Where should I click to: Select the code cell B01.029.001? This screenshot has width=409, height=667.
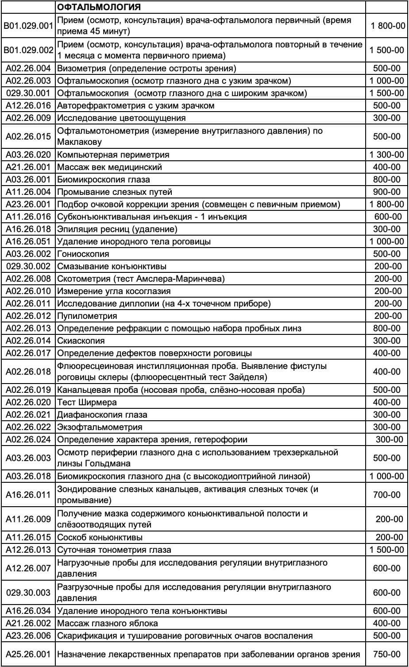[28, 26]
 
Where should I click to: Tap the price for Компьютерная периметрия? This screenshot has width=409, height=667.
[386, 155]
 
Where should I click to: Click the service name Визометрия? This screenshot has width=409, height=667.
[84, 69]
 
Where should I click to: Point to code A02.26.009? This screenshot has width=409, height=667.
[28, 118]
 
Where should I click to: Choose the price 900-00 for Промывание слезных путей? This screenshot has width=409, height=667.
[386, 192]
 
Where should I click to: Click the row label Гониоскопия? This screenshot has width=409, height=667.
[83, 254]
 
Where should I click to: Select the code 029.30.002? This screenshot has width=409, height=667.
[28, 267]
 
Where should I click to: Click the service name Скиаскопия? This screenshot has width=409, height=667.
[81, 341]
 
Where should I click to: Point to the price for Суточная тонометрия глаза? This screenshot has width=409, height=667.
[386, 550]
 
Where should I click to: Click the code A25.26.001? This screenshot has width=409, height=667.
[28, 654]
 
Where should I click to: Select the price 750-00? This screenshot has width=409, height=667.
[386, 654]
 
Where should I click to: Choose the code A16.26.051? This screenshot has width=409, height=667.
[28, 242]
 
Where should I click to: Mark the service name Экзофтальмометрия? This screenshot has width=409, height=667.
[100, 427]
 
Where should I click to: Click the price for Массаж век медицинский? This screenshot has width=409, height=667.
[386, 167]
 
